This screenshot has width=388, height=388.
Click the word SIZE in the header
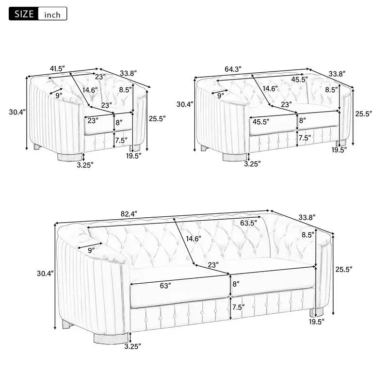point(24,14)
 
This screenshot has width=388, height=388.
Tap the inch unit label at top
point(52,15)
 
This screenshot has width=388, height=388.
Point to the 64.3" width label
point(233,68)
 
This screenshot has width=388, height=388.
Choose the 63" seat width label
point(165,286)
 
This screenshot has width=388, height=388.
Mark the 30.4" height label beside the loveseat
point(185,104)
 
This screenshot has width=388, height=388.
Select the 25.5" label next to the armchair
point(157,118)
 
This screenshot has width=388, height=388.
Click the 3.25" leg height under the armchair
point(85,164)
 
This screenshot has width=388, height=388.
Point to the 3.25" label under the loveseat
point(252,164)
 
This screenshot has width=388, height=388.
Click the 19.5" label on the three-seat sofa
point(317,321)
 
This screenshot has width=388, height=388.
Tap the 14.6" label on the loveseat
point(270,88)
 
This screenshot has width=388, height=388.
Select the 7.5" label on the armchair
point(121,140)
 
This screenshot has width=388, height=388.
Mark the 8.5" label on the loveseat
point(331,89)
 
